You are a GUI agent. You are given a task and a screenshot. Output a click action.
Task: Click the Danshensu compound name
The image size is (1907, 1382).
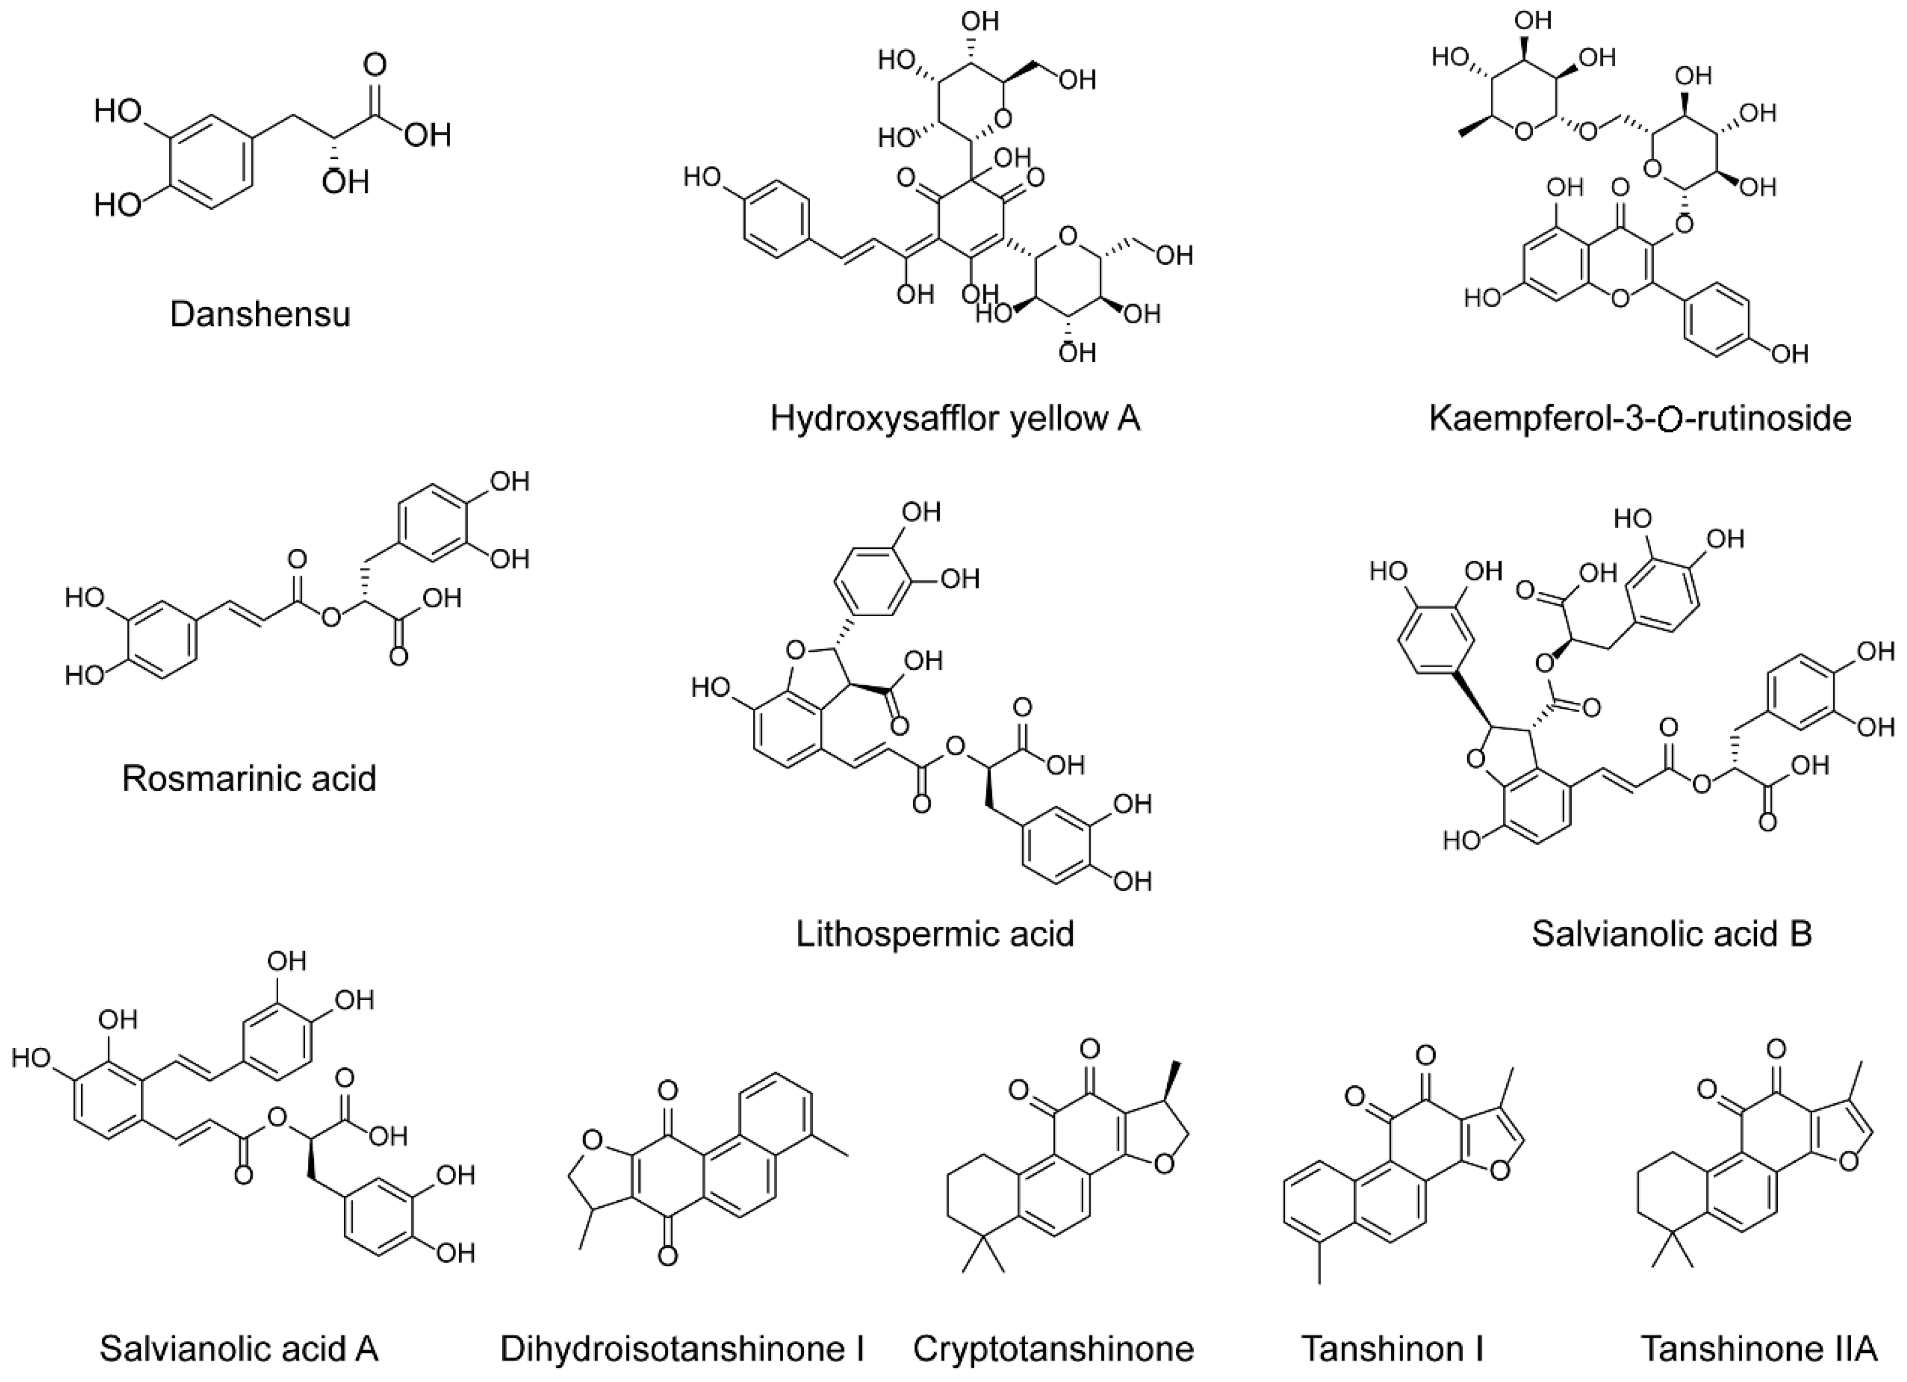(260, 314)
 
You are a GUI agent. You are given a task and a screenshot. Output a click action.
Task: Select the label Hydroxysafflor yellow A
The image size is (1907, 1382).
(955, 418)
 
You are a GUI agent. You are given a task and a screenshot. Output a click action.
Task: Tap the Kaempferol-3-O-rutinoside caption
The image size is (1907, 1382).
(1640, 418)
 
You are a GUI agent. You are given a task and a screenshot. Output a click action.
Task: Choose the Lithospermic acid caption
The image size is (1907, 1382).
(935, 934)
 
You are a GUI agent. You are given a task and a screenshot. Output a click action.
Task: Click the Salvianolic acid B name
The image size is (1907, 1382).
(1672, 934)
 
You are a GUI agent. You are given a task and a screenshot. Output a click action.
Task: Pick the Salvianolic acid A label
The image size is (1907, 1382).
(239, 1349)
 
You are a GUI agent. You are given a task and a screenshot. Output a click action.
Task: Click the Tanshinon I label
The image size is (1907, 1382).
(1392, 1349)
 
